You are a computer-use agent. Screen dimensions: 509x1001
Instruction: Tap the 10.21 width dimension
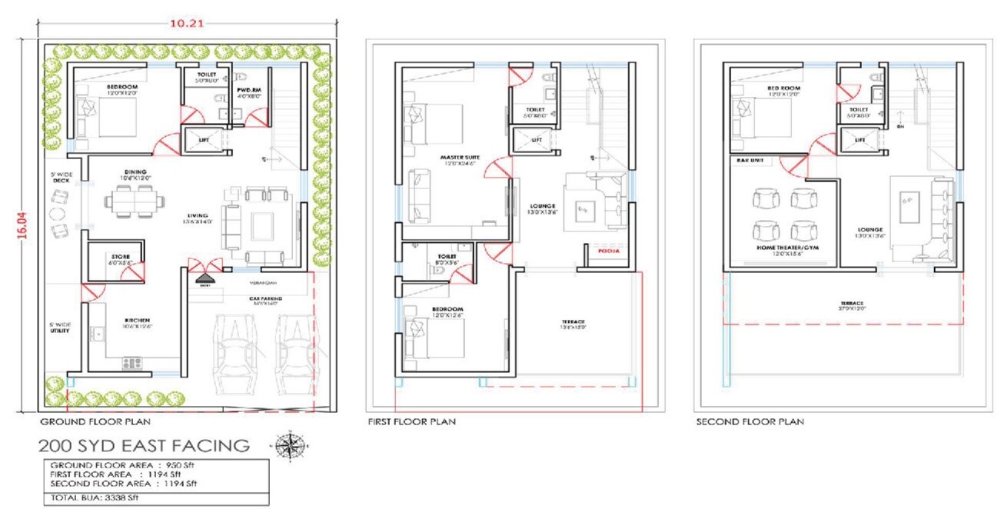(x=183, y=24)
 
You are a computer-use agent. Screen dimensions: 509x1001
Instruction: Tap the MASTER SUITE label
(x=455, y=158)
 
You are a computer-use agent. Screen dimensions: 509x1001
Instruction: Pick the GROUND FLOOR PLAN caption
(x=95, y=421)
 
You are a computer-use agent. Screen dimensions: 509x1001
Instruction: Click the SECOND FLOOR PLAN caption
(x=750, y=421)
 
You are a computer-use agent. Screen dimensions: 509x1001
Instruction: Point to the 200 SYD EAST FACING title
(x=145, y=445)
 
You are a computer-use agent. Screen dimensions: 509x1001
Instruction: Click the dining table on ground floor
(x=135, y=202)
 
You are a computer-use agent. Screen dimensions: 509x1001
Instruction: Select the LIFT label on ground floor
(x=205, y=140)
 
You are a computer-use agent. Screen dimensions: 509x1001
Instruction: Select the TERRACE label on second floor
(x=840, y=303)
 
